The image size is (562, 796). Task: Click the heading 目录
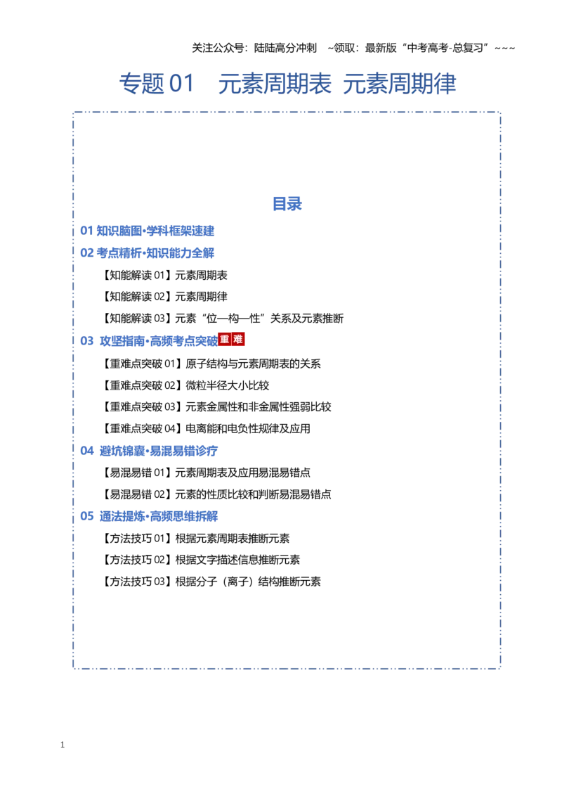point(287,204)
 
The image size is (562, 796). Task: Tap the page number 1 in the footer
point(63,745)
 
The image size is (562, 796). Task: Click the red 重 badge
point(225,339)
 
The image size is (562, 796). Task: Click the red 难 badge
point(238,339)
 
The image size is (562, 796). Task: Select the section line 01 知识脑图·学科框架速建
point(147,231)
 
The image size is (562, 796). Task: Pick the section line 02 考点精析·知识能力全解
point(147,253)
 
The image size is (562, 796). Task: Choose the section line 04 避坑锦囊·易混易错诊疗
point(149,451)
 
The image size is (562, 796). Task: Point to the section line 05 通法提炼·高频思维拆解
point(149,516)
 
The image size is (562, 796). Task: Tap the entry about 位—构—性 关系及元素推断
point(222,319)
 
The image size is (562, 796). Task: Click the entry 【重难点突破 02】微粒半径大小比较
point(185,385)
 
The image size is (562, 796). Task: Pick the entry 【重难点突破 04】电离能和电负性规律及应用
point(205,428)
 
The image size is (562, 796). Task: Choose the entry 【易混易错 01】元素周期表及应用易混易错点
point(205,473)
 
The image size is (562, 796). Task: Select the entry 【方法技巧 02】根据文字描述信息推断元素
point(200,560)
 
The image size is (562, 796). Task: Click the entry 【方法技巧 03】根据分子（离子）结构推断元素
point(211,582)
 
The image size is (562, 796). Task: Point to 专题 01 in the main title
point(157,83)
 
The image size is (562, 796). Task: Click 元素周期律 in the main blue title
point(400,83)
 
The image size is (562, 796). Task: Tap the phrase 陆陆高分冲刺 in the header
point(285,48)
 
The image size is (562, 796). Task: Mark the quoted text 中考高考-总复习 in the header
point(445,48)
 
